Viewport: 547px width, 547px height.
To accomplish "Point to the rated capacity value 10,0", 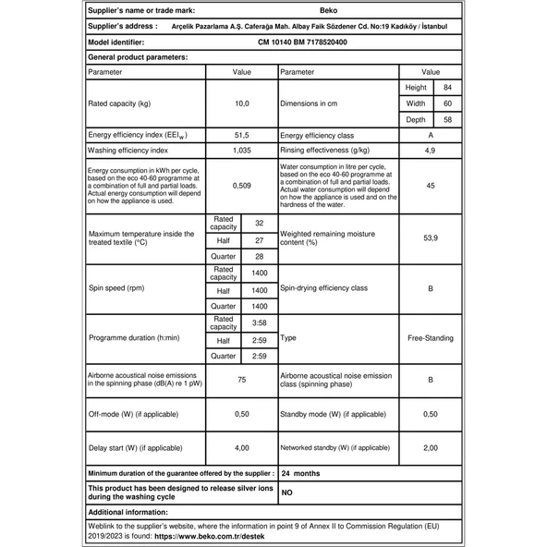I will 240,104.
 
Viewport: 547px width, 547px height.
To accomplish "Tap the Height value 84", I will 447,87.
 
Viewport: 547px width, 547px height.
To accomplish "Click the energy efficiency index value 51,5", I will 240,135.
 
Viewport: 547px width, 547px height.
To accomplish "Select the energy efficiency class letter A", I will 430,135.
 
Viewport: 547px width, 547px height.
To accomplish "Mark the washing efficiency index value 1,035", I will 240,150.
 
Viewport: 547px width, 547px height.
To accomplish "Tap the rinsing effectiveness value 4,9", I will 430,150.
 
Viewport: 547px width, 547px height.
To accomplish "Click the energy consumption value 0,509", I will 240,185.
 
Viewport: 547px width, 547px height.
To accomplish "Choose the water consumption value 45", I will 430,185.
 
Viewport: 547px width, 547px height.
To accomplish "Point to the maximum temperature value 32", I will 259,224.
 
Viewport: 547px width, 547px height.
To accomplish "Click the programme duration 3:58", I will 259,322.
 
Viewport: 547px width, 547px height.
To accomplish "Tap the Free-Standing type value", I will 430,338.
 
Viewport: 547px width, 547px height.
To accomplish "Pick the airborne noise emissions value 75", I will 240,379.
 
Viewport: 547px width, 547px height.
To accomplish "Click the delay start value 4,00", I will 240,447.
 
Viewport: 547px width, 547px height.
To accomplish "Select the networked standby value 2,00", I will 430,447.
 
